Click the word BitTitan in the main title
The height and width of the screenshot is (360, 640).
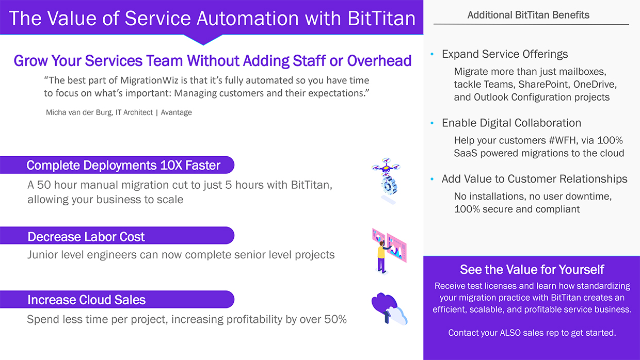tap(381, 18)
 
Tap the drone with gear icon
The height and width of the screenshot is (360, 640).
tap(386, 181)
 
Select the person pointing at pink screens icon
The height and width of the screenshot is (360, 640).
tap(389, 251)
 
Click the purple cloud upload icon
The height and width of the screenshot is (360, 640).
tap(389, 309)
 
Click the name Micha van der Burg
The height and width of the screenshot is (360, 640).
tap(79, 112)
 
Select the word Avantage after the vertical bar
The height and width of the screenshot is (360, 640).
tap(177, 112)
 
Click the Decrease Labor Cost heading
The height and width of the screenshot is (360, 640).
tap(86, 237)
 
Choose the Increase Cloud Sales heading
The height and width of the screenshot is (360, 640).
tap(87, 300)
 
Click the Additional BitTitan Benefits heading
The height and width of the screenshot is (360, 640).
tap(529, 15)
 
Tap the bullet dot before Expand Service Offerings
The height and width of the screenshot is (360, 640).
tap(432, 54)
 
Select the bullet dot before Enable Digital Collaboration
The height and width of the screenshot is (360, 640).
tap(432, 123)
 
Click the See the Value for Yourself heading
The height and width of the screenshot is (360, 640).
tap(532, 270)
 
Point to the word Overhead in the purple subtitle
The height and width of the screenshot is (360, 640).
tap(379, 60)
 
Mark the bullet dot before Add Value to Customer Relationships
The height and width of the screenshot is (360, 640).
tap(432, 179)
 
